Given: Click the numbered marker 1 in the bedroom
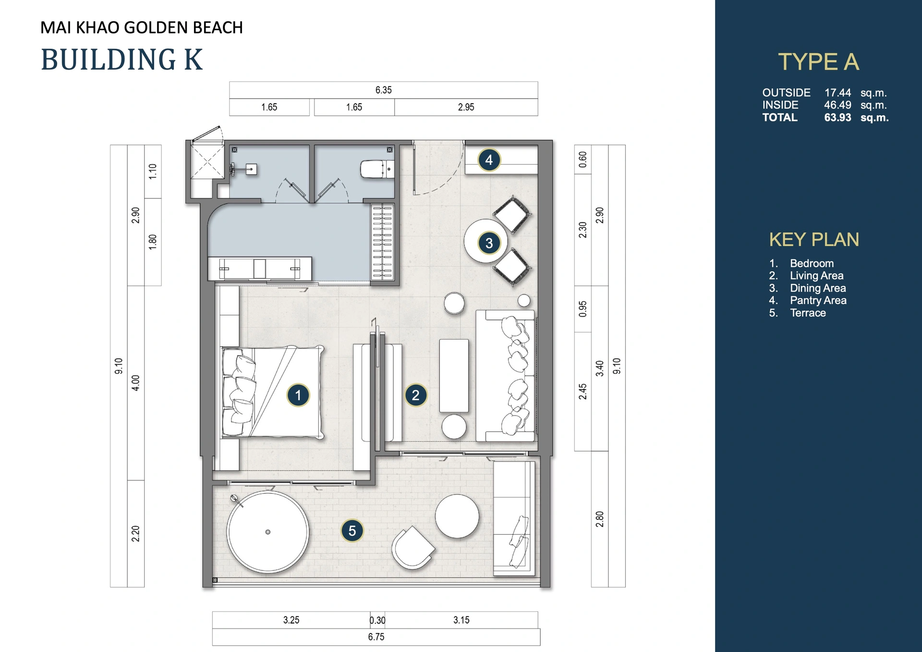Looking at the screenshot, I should click(298, 395).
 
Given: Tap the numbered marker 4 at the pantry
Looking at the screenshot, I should click(489, 160).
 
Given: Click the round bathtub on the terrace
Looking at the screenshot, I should click(268, 532).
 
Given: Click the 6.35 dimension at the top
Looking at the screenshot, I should click(383, 90).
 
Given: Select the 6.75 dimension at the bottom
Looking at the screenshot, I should click(376, 637).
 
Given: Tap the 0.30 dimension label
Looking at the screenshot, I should click(377, 620).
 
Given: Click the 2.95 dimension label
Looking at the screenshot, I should click(466, 107).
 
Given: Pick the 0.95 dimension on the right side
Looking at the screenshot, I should click(582, 309).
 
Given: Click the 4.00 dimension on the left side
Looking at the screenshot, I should click(136, 383).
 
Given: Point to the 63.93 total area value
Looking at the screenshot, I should click(837, 118).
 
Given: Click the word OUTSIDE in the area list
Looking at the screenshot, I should click(786, 93).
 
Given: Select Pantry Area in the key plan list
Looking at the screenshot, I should click(818, 300).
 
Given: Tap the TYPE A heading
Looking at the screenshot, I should click(818, 62).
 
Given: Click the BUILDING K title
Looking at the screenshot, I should click(122, 60).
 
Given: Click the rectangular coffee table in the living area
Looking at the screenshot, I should click(454, 375).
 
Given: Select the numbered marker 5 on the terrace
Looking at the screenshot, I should click(352, 531).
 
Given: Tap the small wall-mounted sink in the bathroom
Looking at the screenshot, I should click(250, 169).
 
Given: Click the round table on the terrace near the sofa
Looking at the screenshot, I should click(457, 517).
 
